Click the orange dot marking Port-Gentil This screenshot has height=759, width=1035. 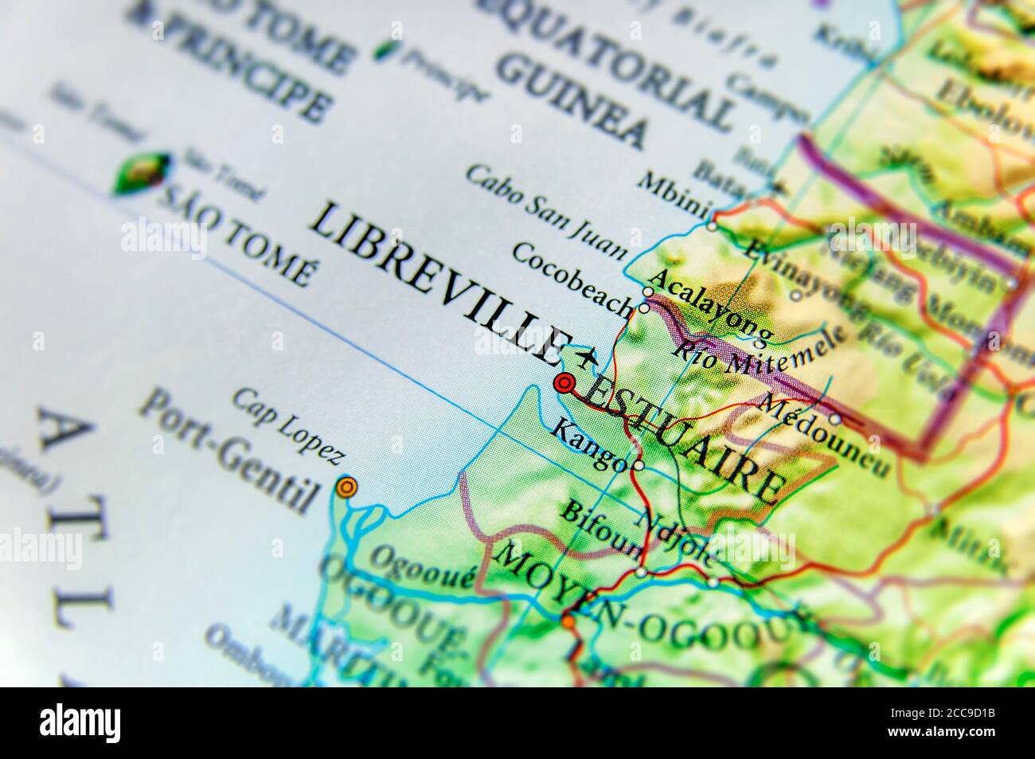[x=345, y=487]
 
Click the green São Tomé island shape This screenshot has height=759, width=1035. [x=142, y=173]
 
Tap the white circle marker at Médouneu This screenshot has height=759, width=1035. [x=834, y=418]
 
